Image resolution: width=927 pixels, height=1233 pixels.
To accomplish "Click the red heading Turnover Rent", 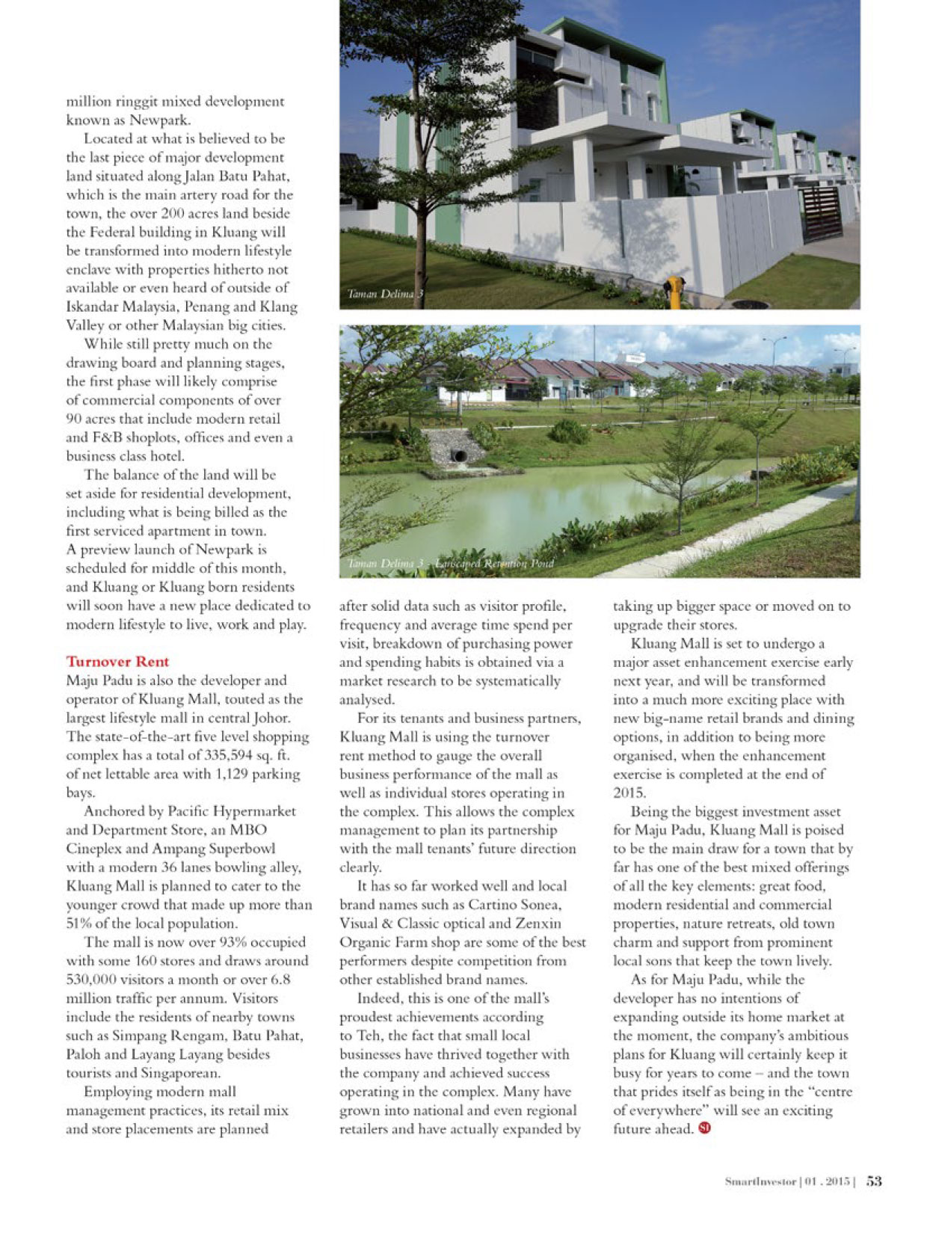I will (x=117, y=662).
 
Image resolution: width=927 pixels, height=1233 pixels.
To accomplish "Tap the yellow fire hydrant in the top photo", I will (x=674, y=289).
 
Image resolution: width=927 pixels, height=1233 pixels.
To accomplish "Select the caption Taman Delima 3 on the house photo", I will (x=385, y=295).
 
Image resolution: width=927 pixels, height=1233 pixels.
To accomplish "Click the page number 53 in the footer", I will (x=875, y=1181).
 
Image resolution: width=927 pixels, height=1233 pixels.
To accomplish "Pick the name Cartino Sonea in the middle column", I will (x=517, y=905).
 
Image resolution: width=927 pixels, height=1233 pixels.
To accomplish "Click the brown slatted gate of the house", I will (x=820, y=212).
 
